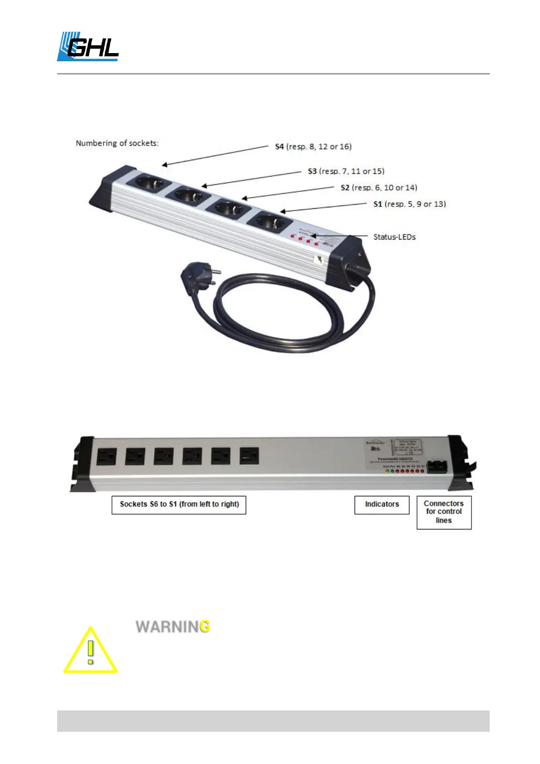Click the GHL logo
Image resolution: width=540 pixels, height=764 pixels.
coord(88,47)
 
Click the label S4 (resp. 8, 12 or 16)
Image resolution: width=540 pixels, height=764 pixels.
coord(313,147)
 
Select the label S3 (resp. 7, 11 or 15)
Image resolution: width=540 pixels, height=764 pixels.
coord(346,171)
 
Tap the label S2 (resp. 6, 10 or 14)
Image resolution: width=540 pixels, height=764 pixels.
coord(379,187)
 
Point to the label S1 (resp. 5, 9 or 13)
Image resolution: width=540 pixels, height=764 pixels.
coord(409,204)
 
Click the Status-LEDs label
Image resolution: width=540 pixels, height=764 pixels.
coord(394,237)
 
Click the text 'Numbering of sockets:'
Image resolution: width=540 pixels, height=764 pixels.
coord(117,143)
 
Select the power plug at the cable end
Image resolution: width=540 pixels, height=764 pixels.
coord(197,279)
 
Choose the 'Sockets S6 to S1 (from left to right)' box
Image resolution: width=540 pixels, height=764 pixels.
coord(179,504)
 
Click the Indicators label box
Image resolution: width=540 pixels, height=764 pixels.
coord(382,504)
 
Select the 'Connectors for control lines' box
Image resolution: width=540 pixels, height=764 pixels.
coord(444,512)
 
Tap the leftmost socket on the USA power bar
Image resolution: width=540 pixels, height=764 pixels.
coord(106,456)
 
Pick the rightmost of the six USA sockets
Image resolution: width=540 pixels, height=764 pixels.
coord(249,455)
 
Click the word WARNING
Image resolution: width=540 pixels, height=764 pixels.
coord(173,627)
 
